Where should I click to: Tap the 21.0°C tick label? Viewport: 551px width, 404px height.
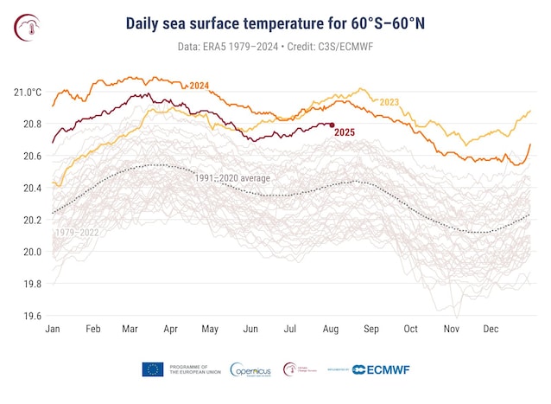[x=28, y=92]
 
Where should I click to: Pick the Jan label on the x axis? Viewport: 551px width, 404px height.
[x=52, y=330]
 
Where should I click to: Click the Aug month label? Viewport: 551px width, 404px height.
[x=330, y=330]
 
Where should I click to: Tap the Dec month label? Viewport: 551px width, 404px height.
[x=490, y=330]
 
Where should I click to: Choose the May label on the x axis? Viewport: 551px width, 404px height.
[x=210, y=330]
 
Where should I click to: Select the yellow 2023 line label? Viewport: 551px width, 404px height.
[x=389, y=102]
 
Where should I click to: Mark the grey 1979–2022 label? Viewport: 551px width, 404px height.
[x=76, y=233]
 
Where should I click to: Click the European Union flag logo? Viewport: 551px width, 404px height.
[x=152, y=369]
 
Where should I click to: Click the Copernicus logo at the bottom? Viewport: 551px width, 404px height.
[x=253, y=369]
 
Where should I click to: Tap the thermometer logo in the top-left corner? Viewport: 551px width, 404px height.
[x=27, y=28]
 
